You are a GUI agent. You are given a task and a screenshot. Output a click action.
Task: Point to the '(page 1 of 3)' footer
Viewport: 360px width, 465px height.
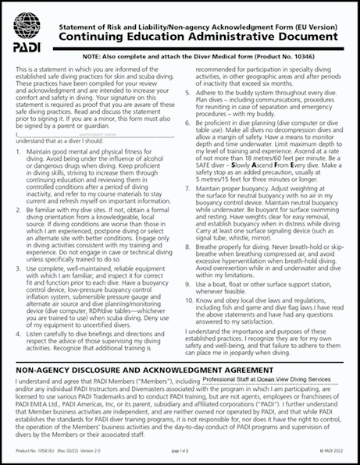(181, 450)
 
